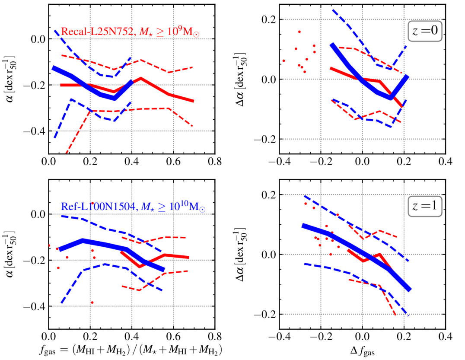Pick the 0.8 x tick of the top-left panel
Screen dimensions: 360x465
[x=215, y=161]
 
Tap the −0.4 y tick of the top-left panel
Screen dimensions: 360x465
[x=35, y=131]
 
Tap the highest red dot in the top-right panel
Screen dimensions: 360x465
[x=299, y=32]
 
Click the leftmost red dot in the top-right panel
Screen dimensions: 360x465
[x=283, y=61]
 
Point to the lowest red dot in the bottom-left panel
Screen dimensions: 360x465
[x=92, y=303]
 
